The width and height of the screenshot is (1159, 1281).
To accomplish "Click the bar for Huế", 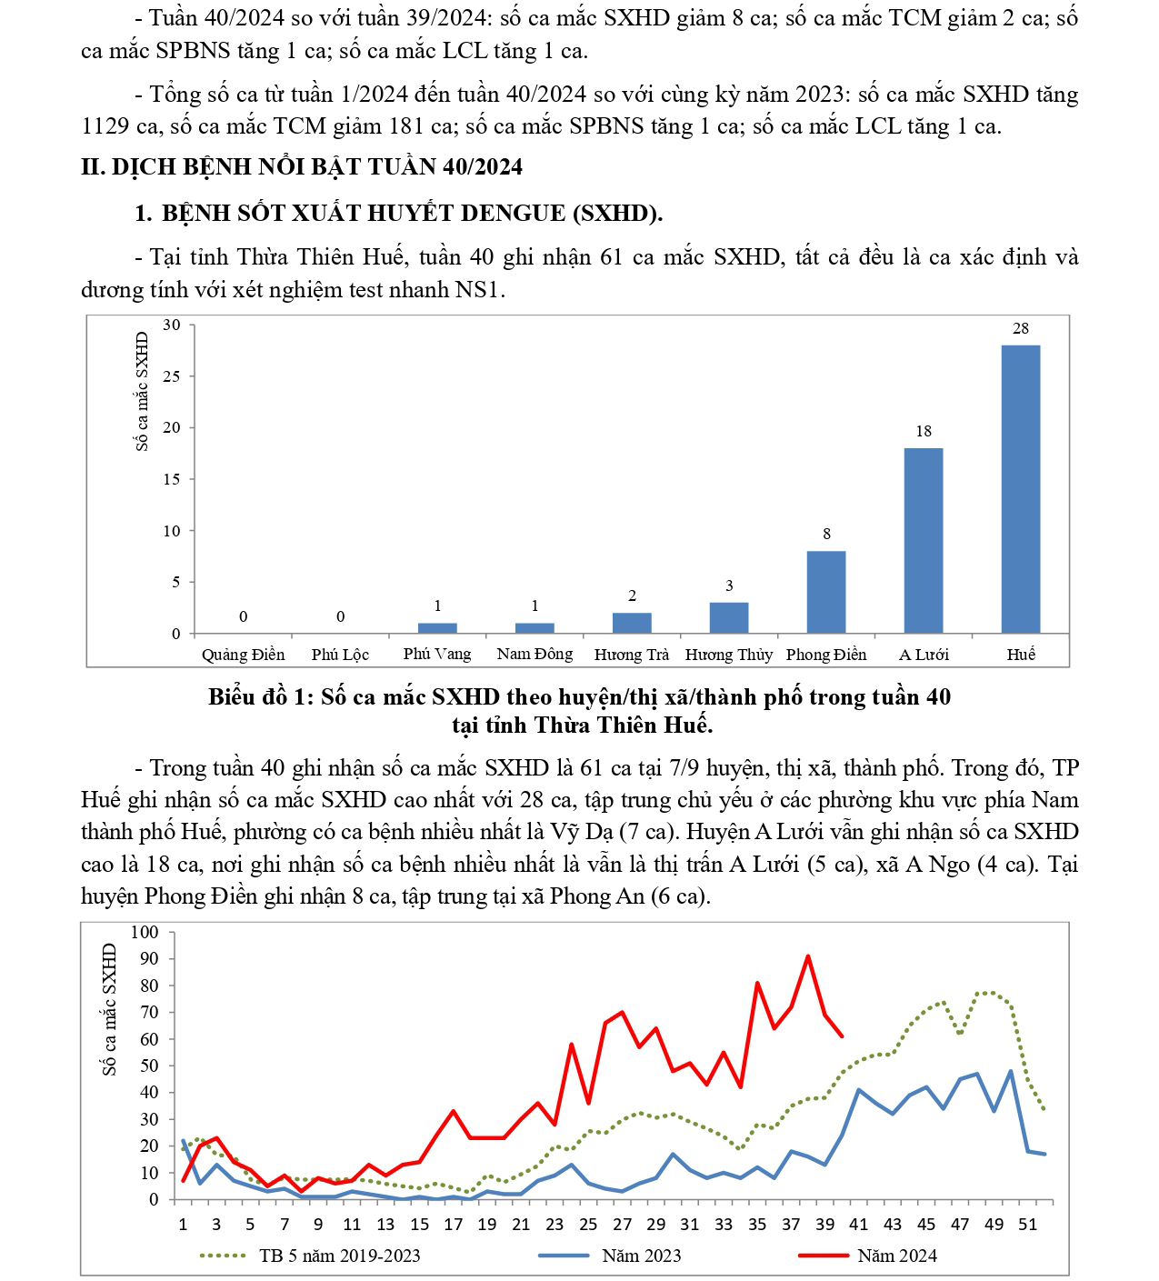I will point(1020,489).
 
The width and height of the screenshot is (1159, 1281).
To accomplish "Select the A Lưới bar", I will point(923,540).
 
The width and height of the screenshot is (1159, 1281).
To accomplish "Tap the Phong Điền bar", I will point(825,592).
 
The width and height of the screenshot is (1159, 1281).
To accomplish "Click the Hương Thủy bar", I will point(729,617).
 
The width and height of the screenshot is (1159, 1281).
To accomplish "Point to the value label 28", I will point(1020,328).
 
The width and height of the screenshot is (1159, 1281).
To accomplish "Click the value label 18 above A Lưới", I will point(923,431).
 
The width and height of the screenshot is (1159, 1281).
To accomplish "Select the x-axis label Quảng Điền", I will point(243,655).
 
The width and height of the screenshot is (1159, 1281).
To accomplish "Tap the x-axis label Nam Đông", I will point(535,655).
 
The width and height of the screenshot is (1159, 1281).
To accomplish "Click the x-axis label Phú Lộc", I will point(340,655).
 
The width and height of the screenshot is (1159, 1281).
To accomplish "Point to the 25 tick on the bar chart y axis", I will point(172,375).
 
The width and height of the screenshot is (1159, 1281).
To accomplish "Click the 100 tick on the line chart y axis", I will point(145,932).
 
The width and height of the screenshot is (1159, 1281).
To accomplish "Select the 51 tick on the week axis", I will point(1027,1224).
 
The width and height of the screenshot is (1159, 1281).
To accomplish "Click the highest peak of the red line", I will point(807,956).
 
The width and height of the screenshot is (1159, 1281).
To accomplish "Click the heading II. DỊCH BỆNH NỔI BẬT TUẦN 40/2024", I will point(302,167).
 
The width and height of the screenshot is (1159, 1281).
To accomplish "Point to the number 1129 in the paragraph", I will point(106,126).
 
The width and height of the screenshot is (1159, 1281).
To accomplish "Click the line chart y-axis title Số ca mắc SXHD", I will point(110,1009).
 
